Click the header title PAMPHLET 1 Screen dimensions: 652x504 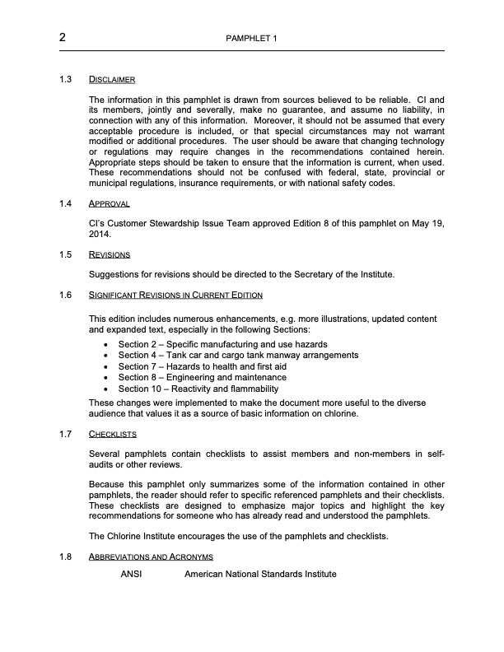(251, 40)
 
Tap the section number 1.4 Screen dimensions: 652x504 (67, 203)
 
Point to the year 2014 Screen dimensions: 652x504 (100, 233)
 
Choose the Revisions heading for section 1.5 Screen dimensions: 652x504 (110, 254)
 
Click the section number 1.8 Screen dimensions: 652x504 (67, 557)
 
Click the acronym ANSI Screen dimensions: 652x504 (132, 573)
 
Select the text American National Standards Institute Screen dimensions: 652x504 (260, 573)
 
